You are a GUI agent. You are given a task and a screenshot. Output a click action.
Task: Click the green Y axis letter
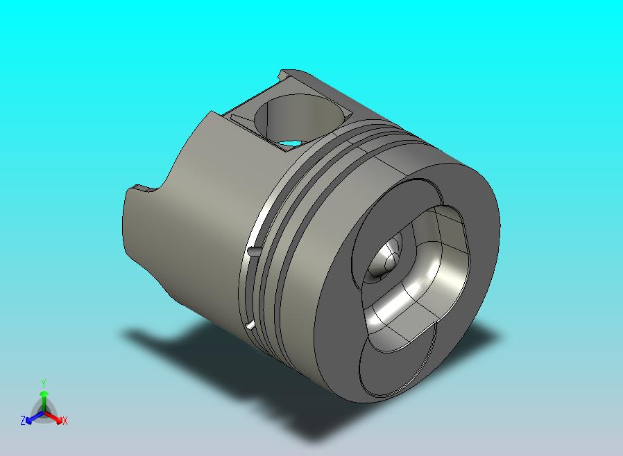(44, 384)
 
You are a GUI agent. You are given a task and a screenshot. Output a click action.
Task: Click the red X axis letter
(65, 421)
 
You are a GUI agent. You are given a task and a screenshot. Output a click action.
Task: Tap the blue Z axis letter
(23, 420)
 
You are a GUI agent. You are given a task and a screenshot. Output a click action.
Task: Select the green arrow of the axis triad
(44, 401)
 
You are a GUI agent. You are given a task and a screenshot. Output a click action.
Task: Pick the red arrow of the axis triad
(54, 417)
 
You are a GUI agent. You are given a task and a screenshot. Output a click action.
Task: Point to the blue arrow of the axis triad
(35, 417)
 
